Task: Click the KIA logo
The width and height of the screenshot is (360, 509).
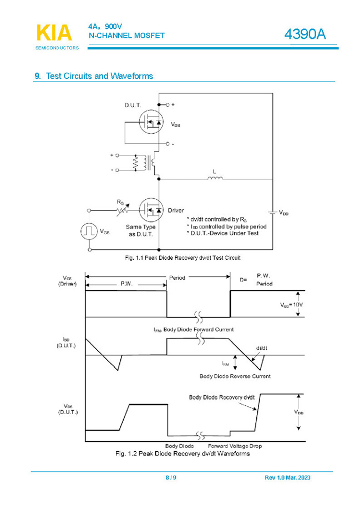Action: coord(54,33)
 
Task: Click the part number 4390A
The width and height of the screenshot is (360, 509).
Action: coord(305,34)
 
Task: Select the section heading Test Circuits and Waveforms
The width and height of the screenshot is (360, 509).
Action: coord(99,76)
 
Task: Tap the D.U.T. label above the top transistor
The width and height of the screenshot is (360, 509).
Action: coord(133,105)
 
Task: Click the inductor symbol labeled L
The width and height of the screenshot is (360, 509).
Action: coord(215,178)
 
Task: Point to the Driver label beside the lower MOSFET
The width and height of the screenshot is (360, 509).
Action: coord(176,210)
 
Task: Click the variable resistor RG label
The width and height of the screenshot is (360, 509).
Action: coord(120,202)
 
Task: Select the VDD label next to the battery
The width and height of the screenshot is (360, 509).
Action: coord(283,213)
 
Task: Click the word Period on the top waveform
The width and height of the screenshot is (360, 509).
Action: coord(178,278)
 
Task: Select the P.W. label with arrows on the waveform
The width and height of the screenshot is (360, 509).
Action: coord(126,284)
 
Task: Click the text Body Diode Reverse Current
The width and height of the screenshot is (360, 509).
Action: coord(235,376)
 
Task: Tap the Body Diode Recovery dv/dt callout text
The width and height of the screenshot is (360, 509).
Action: coord(222,397)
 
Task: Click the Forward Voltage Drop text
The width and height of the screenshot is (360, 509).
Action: coord(235,446)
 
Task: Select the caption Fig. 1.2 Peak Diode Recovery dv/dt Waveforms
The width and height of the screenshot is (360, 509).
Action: coord(182,453)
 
